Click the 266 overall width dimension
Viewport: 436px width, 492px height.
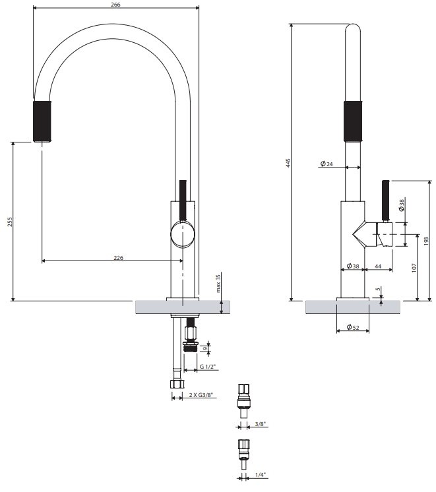[115, 5]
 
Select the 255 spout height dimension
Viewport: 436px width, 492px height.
[10, 222]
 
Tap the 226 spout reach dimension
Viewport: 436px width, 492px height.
[118, 258]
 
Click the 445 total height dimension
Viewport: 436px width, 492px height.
[288, 163]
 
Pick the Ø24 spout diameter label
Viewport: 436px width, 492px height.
[327, 164]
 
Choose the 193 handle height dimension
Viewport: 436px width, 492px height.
[426, 241]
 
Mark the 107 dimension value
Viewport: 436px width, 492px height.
[414, 268]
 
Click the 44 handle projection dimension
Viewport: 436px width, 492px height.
[378, 266]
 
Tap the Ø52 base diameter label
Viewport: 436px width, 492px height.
[353, 327]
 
